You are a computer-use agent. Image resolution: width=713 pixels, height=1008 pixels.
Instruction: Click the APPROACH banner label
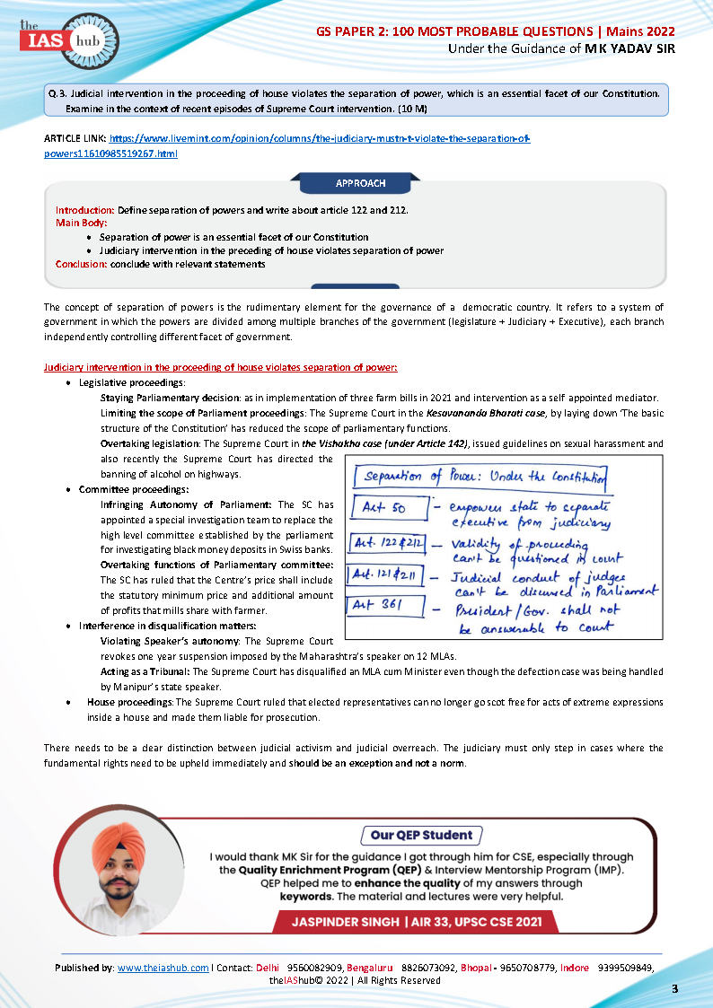coord(360,183)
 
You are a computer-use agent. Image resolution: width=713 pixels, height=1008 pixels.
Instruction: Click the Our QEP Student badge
coord(421,835)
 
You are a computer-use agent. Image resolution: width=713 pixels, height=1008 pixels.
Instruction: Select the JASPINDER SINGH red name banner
coord(421,922)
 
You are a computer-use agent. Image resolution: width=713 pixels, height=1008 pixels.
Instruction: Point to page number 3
coord(674,988)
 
